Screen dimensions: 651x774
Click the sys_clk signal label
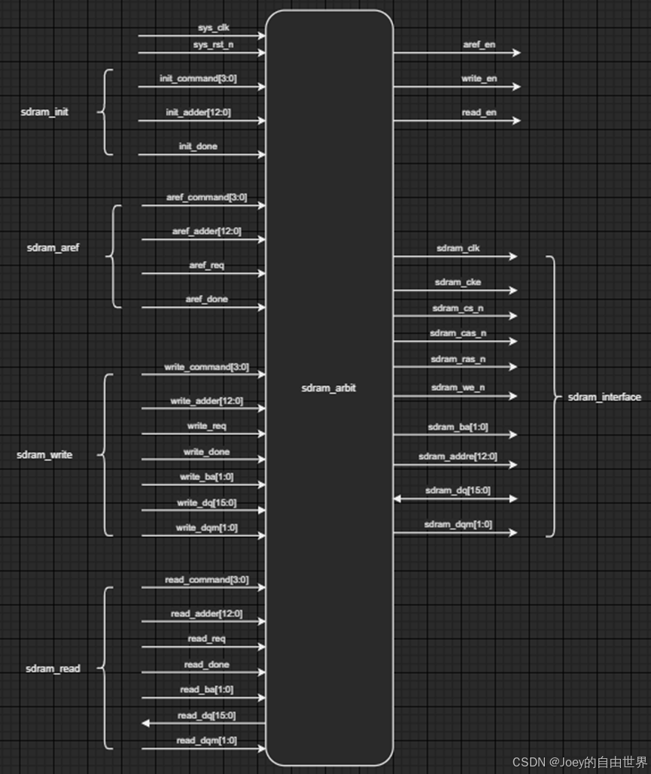pos(214,28)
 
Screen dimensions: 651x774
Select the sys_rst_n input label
pos(212,45)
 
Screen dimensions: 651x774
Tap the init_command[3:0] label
pos(199,78)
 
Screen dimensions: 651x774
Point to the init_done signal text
pos(198,146)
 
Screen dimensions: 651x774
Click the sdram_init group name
pos(44,112)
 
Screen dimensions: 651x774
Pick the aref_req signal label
pos(206,265)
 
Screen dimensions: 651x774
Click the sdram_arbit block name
pos(329,388)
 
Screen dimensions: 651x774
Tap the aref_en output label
pos(479,44)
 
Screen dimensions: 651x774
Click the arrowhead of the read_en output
pos(516,120)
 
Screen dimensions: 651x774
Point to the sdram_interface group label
pos(604,396)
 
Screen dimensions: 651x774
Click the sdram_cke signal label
pos(458,282)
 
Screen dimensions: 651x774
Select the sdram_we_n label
pos(458,387)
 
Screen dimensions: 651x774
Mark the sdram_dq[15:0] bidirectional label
pos(458,490)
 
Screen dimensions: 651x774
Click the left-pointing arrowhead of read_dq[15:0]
pos(144,723)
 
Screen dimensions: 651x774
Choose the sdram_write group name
pos(44,455)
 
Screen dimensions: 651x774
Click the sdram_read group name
pos(53,668)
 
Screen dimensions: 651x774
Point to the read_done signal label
pos(207,664)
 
